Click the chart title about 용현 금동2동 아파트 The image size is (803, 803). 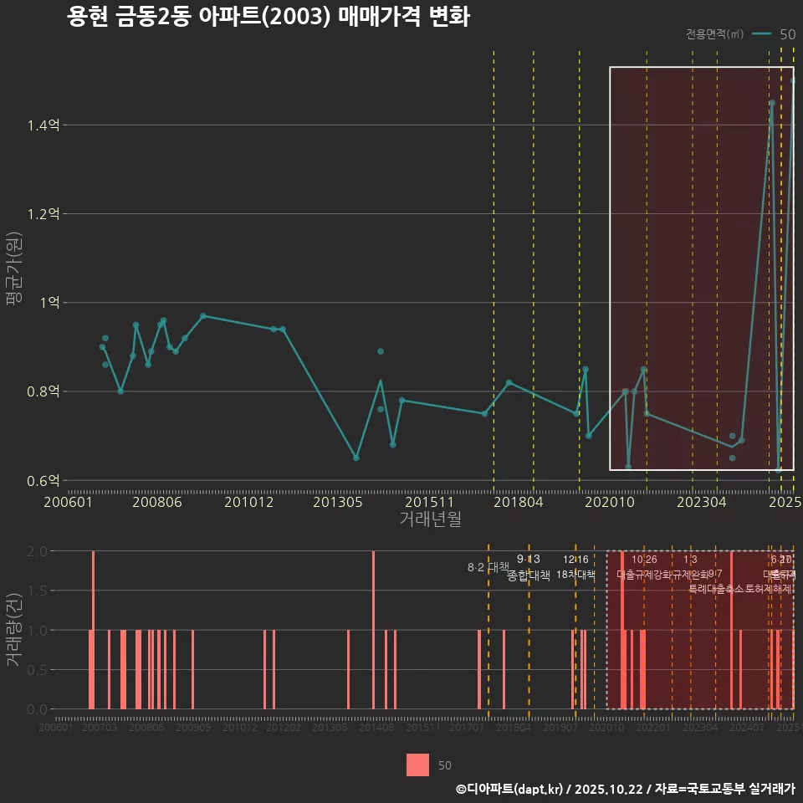click(268, 18)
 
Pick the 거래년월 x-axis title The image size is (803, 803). click(430, 519)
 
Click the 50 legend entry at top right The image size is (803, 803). click(787, 34)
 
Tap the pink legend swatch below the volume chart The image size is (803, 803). click(417, 765)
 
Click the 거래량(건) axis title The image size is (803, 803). click(14, 630)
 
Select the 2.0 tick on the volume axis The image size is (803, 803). click(37, 551)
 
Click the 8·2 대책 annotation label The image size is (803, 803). click(488, 567)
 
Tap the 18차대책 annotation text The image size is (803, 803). click(575, 575)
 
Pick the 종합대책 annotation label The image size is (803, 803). click(529, 575)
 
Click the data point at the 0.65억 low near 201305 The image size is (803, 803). click(356, 458)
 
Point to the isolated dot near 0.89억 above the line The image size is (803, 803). click(381, 351)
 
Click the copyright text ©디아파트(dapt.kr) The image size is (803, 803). click(509, 788)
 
